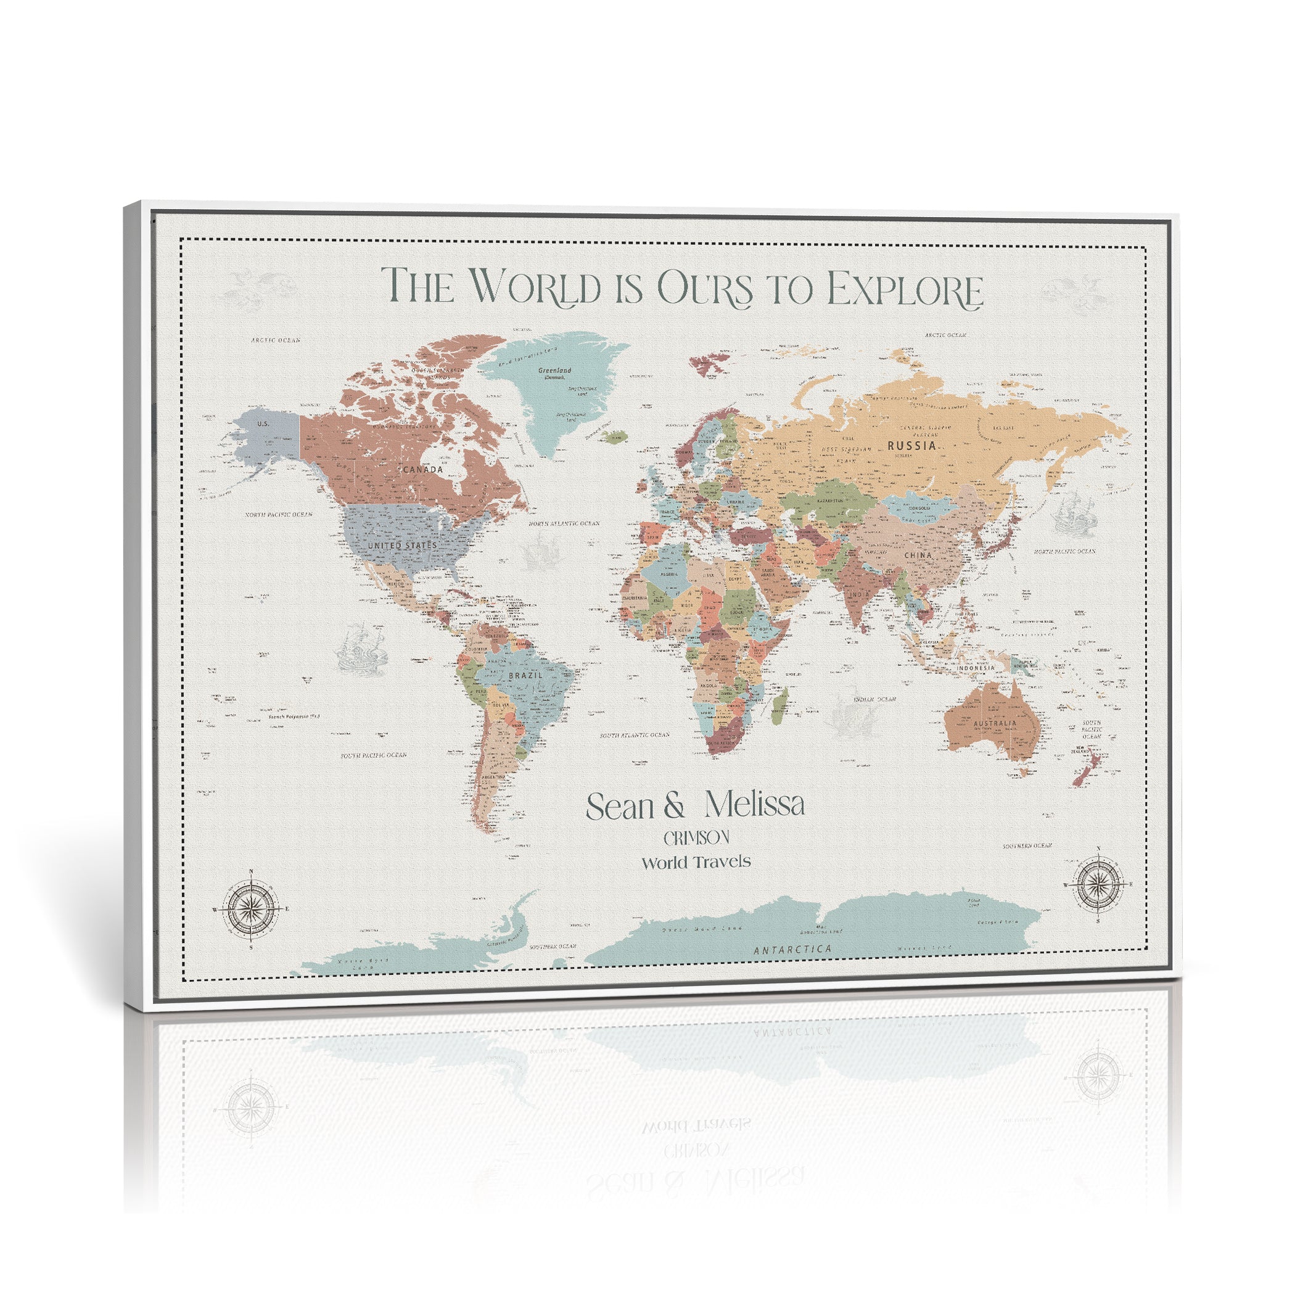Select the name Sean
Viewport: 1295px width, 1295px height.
click(620, 807)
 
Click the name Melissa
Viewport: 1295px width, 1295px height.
click(754, 805)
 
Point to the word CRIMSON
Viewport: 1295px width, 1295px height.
click(696, 838)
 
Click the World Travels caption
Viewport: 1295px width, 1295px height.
click(696, 863)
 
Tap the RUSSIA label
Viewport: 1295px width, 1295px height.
click(911, 445)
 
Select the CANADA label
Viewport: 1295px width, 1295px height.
click(423, 470)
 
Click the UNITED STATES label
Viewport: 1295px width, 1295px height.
click(402, 546)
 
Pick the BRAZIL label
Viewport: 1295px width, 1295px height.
click(525, 675)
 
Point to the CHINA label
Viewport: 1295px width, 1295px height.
click(918, 555)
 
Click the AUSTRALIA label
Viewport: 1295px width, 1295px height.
click(995, 723)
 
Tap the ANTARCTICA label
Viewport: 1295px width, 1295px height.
click(792, 949)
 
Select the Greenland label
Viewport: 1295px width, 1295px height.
click(555, 371)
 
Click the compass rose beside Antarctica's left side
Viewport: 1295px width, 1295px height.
click(251, 910)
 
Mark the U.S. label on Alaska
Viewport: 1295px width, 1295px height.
click(263, 424)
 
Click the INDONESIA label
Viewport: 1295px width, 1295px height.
click(976, 668)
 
